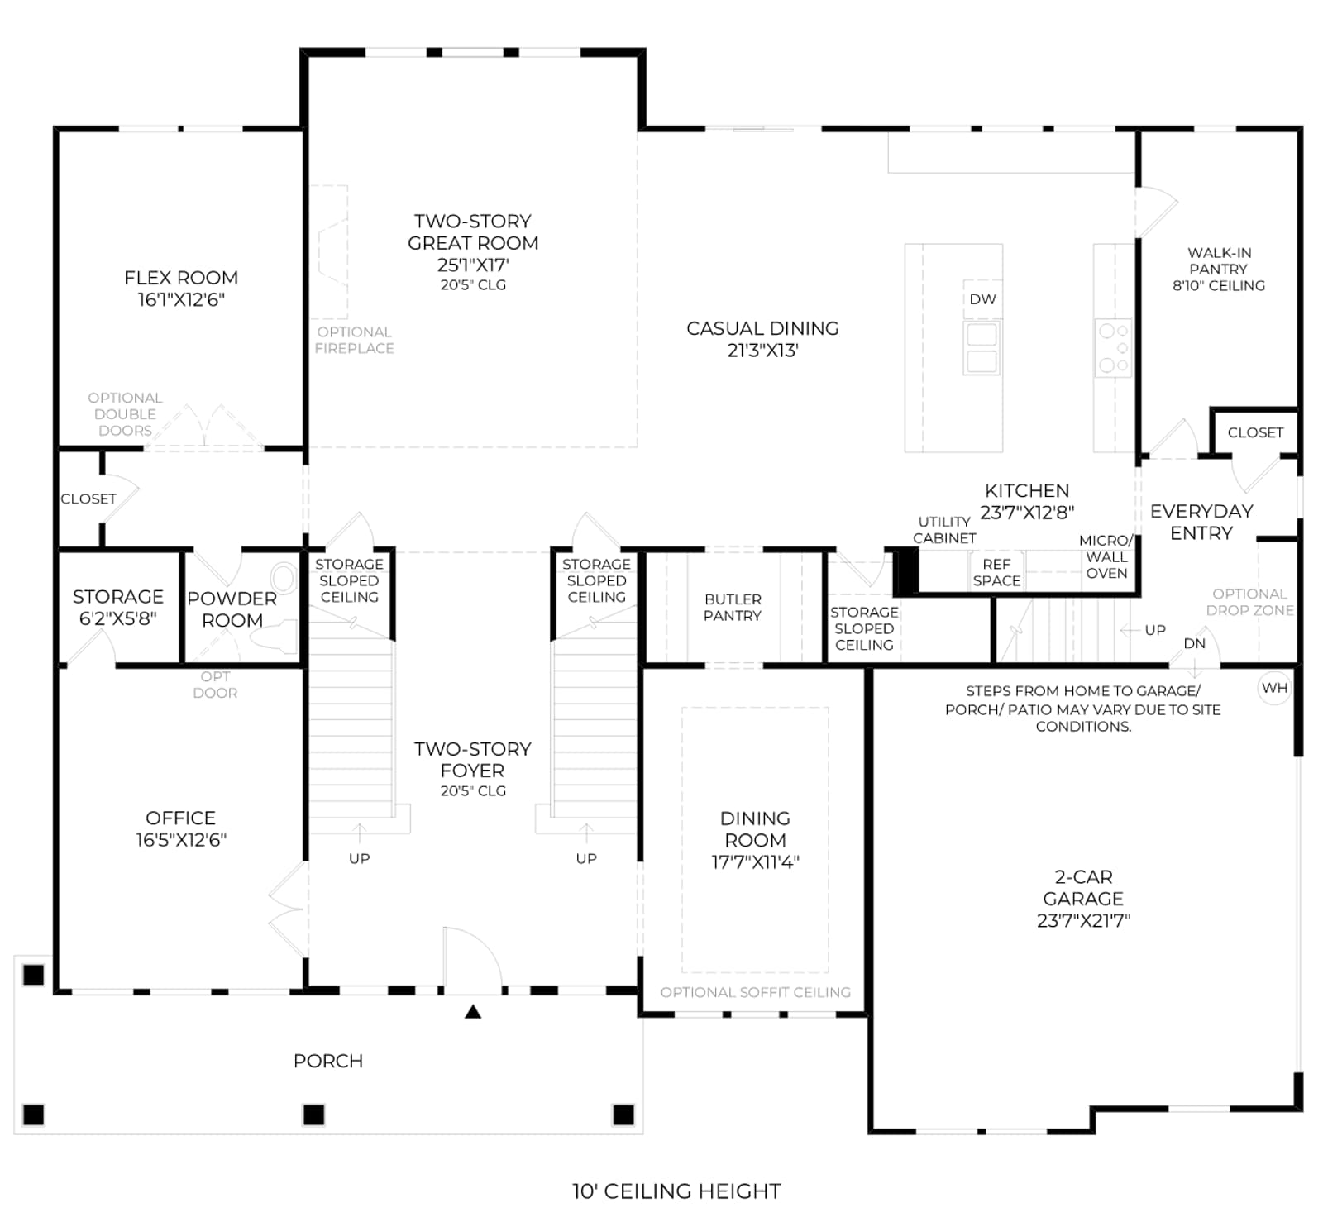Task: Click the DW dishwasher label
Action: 982,299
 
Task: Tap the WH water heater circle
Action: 1274,688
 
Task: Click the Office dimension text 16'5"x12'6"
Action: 181,840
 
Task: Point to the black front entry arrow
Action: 473,1010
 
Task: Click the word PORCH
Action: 328,1061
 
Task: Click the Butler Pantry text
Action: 733,607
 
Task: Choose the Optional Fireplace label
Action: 354,340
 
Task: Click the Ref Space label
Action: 996,572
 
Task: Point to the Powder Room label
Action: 232,609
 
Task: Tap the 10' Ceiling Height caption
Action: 676,1191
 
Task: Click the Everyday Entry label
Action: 1201,522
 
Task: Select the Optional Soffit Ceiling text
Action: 755,992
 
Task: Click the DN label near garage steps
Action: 1195,643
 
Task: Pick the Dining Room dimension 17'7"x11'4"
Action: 755,862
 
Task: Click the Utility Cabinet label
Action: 944,530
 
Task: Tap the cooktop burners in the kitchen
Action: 1113,348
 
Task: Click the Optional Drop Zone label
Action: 1249,602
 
